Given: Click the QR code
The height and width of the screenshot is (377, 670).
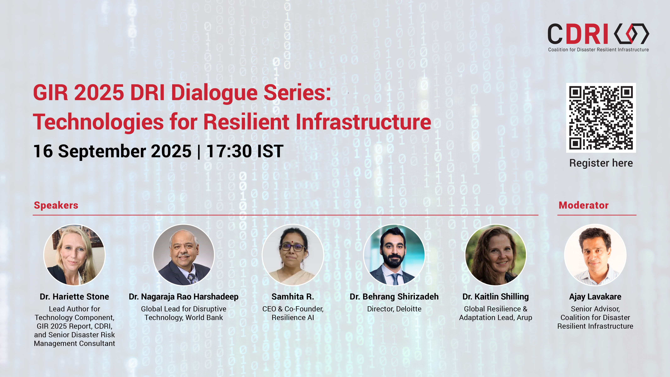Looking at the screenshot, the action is coord(601,118).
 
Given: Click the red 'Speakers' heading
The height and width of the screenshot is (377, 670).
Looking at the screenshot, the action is coord(56,205).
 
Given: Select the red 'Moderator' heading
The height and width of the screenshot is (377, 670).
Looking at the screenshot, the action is coord(583,205).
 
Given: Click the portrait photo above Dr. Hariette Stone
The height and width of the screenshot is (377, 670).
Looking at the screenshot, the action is coord(74,255).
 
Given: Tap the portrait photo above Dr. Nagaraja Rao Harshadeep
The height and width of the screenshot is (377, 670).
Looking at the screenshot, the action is coord(184,255).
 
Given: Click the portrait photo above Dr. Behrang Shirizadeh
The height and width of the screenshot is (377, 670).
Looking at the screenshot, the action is coord(394,255).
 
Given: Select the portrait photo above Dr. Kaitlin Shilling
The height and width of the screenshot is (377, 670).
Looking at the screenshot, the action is coord(496,255).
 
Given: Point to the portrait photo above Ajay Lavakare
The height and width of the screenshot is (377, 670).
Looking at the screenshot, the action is coord(595,255).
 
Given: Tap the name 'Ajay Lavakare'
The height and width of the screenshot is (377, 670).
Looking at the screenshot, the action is coord(595,297).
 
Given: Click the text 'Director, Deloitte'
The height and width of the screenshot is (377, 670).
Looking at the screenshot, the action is coord(394,309).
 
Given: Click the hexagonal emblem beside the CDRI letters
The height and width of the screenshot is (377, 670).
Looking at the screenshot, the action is coord(631,34).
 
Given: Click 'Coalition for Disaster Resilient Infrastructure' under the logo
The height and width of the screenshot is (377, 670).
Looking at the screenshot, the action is coord(598,50).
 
